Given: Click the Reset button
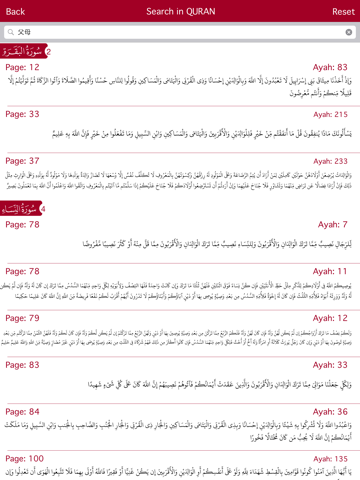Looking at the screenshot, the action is coord(342,11).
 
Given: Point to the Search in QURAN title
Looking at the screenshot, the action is coord(180,11).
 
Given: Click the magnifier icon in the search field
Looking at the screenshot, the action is coord(10,32).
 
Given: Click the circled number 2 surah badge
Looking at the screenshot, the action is coord(48,50).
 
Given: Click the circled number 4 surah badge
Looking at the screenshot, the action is coord(48,208).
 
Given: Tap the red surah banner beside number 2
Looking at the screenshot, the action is coord(22,50).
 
